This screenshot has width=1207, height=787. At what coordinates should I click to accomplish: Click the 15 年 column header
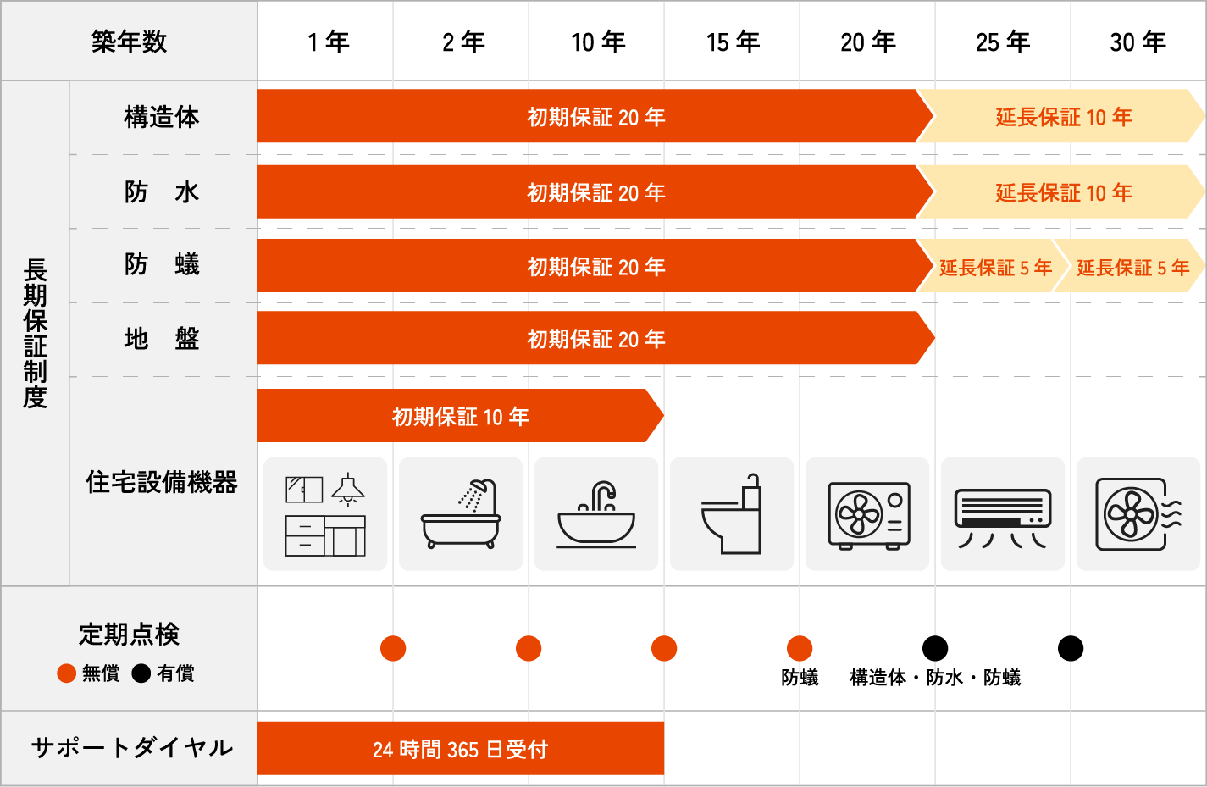click(x=733, y=42)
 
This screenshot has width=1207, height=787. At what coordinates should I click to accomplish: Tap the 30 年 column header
click(x=1138, y=42)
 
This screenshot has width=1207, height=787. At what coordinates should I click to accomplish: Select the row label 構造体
click(x=162, y=117)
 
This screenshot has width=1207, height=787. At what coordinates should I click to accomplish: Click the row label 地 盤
click(x=162, y=339)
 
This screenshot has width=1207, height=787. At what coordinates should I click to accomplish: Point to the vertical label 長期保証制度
click(x=35, y=333)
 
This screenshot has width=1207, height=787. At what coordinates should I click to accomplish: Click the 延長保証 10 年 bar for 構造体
click(x=1063, y=117)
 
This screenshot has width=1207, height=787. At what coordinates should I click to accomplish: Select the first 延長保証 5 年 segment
click(x=994, y=268)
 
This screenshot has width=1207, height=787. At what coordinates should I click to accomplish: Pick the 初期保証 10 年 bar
click(x=460, y=416)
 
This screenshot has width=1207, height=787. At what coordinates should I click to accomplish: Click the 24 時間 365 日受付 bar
click(x=460, y=749)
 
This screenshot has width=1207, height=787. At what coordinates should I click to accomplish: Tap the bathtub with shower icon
click(x=461, y=513)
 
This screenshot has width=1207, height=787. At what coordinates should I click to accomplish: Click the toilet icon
click(x=732, y=513)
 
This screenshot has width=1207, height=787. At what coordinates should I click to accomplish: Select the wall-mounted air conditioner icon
click(x=1003, y=513)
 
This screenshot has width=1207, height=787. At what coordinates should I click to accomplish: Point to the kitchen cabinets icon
click(x=325, y=513)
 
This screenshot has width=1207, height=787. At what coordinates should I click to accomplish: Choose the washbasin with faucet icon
click(x=596, y=513)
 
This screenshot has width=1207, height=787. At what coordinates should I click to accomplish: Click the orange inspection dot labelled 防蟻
click(x=800, y=649)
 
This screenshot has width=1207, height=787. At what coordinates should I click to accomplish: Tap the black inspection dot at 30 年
click(x=1071, y=649)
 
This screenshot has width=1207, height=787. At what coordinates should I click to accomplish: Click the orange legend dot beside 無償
click(x=67, y=673)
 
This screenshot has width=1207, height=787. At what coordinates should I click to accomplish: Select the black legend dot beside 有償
click(x=141, y=673)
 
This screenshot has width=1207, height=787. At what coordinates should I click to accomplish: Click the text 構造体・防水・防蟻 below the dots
click(x=935, y=678)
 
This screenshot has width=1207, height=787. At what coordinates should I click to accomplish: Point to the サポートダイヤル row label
click(x=131, y=748)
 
